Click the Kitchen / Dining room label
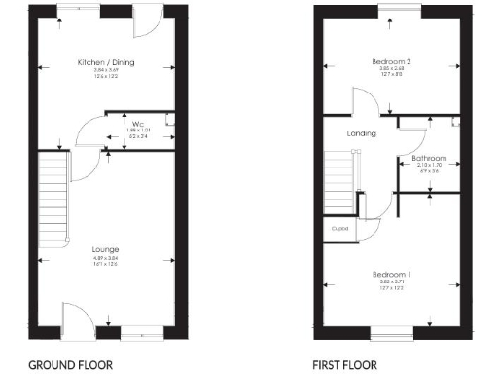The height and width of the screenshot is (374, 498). (x=107, y=63)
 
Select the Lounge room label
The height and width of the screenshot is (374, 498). (x=107, y=249)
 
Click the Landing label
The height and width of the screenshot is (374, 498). (x=361, y=133)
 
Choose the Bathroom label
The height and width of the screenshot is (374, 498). (x=428, y=158)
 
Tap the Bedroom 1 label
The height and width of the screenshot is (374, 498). (x=391, y=275)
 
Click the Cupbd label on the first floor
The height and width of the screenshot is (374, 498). (x=339, y=229)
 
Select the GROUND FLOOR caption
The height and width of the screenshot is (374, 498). (x=70, y=365)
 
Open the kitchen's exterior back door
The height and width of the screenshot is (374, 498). (x=148, y=19)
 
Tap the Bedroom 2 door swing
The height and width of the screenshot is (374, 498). (x=366, y=102)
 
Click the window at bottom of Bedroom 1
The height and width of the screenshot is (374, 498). (x=392, y=331)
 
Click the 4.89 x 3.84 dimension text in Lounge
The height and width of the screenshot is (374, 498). (x=107, y=259)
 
